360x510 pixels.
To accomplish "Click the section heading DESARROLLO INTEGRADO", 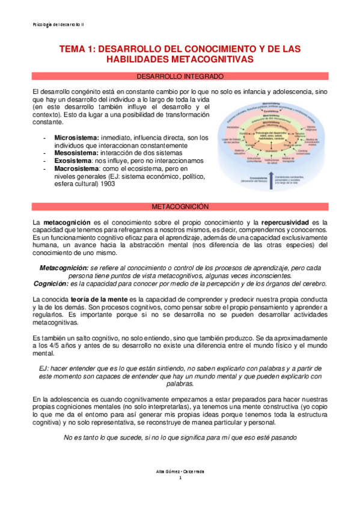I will coord(180,76).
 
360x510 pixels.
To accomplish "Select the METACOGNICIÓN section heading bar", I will coord(180,206).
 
